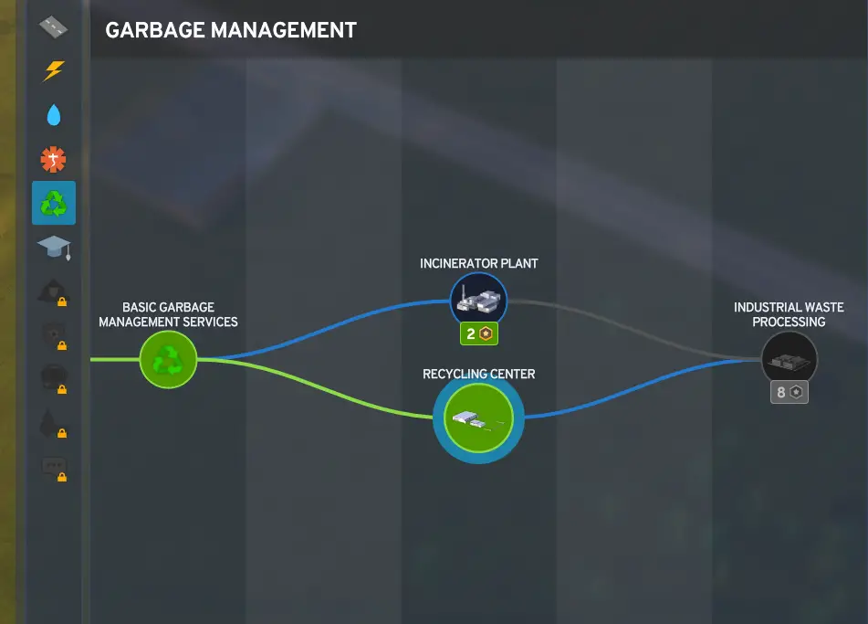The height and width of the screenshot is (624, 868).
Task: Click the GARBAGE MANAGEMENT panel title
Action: [231, 30]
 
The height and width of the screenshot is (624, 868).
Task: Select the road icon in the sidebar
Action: [53, 26]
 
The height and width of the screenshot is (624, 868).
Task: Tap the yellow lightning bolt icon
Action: [54, 71]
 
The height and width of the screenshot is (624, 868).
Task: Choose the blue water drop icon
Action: [54, 115]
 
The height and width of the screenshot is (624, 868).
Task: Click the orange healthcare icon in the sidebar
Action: [53, 159]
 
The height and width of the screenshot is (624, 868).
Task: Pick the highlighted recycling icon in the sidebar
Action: [54, 203]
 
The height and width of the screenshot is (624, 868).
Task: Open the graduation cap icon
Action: [54, 248]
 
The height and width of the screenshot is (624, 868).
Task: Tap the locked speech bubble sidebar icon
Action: [54, 469]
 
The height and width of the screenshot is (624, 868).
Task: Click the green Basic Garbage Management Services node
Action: [168, 360]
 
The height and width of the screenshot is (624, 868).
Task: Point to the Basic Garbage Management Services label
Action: [168, 314]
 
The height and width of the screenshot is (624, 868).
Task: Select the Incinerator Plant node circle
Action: [479, 301]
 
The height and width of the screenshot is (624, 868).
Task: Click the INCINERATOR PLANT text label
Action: [479, 263]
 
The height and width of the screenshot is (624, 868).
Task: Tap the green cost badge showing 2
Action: [479, 333]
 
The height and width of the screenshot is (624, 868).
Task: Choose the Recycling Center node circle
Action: [479, 418]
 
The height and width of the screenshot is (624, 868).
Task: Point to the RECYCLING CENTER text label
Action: [479, 374]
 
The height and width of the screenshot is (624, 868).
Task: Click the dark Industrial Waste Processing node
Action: [790, 360]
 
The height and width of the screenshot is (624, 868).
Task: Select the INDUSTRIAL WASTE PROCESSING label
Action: [789, 314]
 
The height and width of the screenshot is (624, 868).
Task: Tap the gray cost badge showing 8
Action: [790, 392]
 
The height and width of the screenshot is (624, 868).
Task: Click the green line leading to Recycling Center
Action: [316, 388]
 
